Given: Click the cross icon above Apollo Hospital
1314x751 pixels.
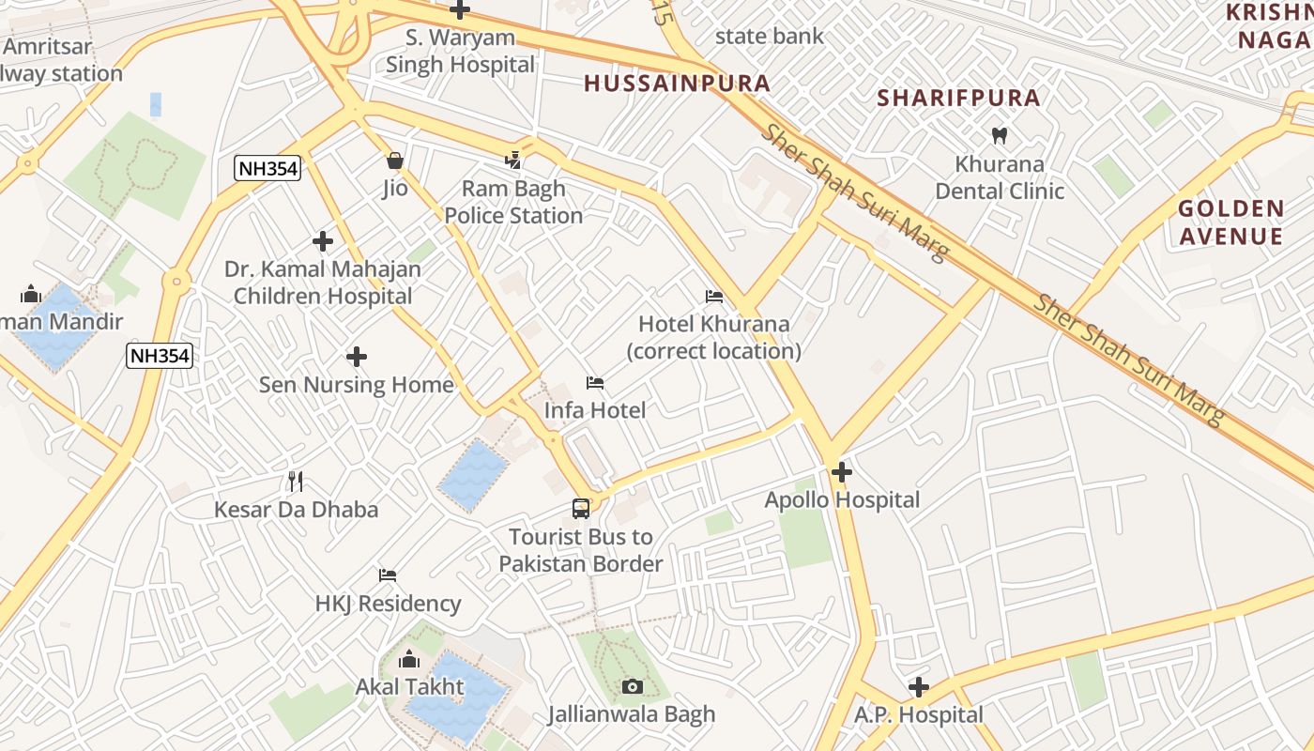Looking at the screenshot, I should [x=842, y=472].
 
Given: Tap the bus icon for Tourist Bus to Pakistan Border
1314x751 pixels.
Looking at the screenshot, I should [x=581, y=509].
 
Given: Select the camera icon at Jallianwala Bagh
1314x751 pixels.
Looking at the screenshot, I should [x=632, y=687].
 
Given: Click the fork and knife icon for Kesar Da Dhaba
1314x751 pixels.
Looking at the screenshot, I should [x=296, y=482].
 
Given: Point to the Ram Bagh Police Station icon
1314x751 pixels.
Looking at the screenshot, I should [x=512, y=161].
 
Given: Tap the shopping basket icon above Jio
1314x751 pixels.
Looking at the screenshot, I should [x=395, y=161].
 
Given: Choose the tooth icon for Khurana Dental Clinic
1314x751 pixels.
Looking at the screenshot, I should [x=999, y=136].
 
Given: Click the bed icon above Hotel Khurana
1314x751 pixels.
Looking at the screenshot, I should [x=714, y=297].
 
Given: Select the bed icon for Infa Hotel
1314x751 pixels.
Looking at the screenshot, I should [x=595, y=383].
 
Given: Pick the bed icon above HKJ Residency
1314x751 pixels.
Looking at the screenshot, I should [x=388, y=575].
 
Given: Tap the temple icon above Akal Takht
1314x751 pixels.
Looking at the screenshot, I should [x=409, y=659].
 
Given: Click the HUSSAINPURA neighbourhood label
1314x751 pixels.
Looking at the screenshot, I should [x=677, y=84].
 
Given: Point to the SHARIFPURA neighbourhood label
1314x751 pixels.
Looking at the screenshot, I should [x=958, y=98].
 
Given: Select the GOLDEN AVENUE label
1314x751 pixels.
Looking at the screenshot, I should [x=1230, y=222].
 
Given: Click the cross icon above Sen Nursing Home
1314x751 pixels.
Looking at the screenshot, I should [x=357, y=357].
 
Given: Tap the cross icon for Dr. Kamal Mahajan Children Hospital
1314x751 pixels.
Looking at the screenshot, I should [x=323, y=241].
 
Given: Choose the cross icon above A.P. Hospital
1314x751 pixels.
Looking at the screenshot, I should [x=918, y=687].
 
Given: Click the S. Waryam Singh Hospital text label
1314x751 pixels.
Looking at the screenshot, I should [x=460, y=52].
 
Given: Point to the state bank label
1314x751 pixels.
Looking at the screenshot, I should [x=769, y=37].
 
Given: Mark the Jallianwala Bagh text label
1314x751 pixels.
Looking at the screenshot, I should [x=632, y=714].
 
